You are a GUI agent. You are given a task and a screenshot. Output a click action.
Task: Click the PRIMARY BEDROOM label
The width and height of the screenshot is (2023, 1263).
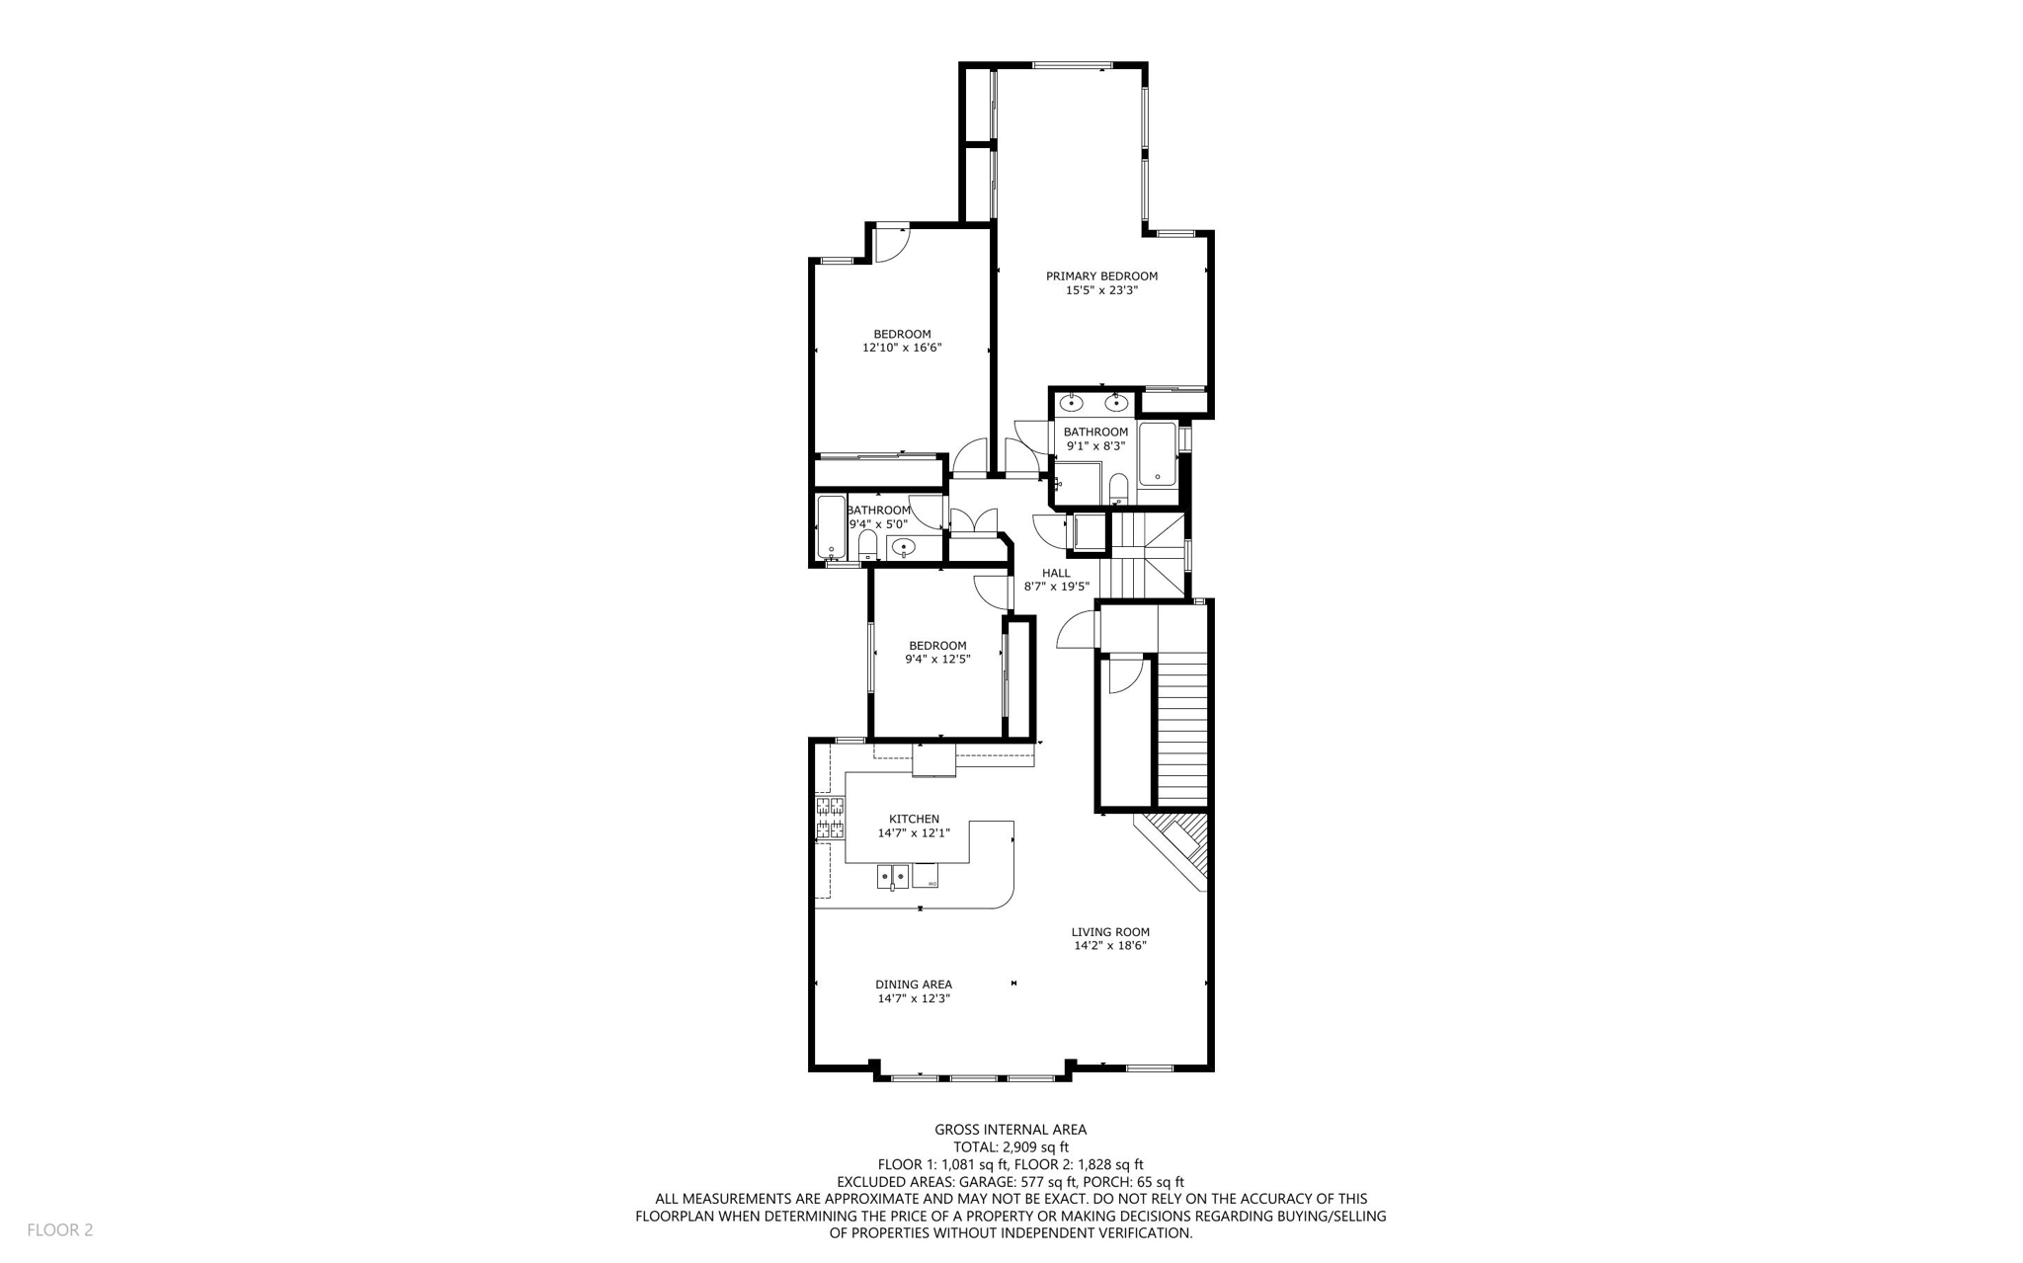pos(1101,276)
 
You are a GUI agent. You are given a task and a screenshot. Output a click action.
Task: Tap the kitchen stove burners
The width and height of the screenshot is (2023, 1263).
pos(830,818)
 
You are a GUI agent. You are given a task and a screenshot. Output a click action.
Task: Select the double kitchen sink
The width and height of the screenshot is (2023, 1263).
pos(893,876)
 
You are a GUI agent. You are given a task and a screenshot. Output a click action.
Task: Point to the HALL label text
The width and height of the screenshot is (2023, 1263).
pos(1056,573)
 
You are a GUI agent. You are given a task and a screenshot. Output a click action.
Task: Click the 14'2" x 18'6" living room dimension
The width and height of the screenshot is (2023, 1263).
pos(1110,946)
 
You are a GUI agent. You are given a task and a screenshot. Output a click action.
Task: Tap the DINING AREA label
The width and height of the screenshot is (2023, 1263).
pos(913,985)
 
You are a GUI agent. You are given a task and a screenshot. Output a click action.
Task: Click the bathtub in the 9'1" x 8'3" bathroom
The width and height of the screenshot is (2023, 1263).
pos(1158,454)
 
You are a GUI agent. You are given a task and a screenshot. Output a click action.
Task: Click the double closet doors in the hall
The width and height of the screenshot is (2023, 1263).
pos(974,521)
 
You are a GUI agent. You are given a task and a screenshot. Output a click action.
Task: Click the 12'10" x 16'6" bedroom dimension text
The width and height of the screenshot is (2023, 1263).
pos(902,349)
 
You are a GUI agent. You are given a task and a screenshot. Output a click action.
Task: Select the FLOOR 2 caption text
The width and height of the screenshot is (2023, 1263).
pos(59,1230)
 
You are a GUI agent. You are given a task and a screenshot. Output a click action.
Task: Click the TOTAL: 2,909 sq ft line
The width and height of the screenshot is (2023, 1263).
pos(1011,1147)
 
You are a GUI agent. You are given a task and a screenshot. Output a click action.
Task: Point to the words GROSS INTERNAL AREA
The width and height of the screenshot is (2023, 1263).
pos(1011,1130)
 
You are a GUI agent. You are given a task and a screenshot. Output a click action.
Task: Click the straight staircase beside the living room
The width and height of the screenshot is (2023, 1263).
pos(1182,731)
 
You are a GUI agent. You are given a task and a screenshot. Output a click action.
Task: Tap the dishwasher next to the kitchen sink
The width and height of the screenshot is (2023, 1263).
pos(926,876)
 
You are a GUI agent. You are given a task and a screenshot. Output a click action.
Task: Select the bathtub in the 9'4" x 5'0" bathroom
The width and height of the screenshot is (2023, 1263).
pos(832,528)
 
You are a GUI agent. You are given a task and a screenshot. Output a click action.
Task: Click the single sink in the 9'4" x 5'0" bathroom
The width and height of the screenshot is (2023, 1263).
pos(903,547)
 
